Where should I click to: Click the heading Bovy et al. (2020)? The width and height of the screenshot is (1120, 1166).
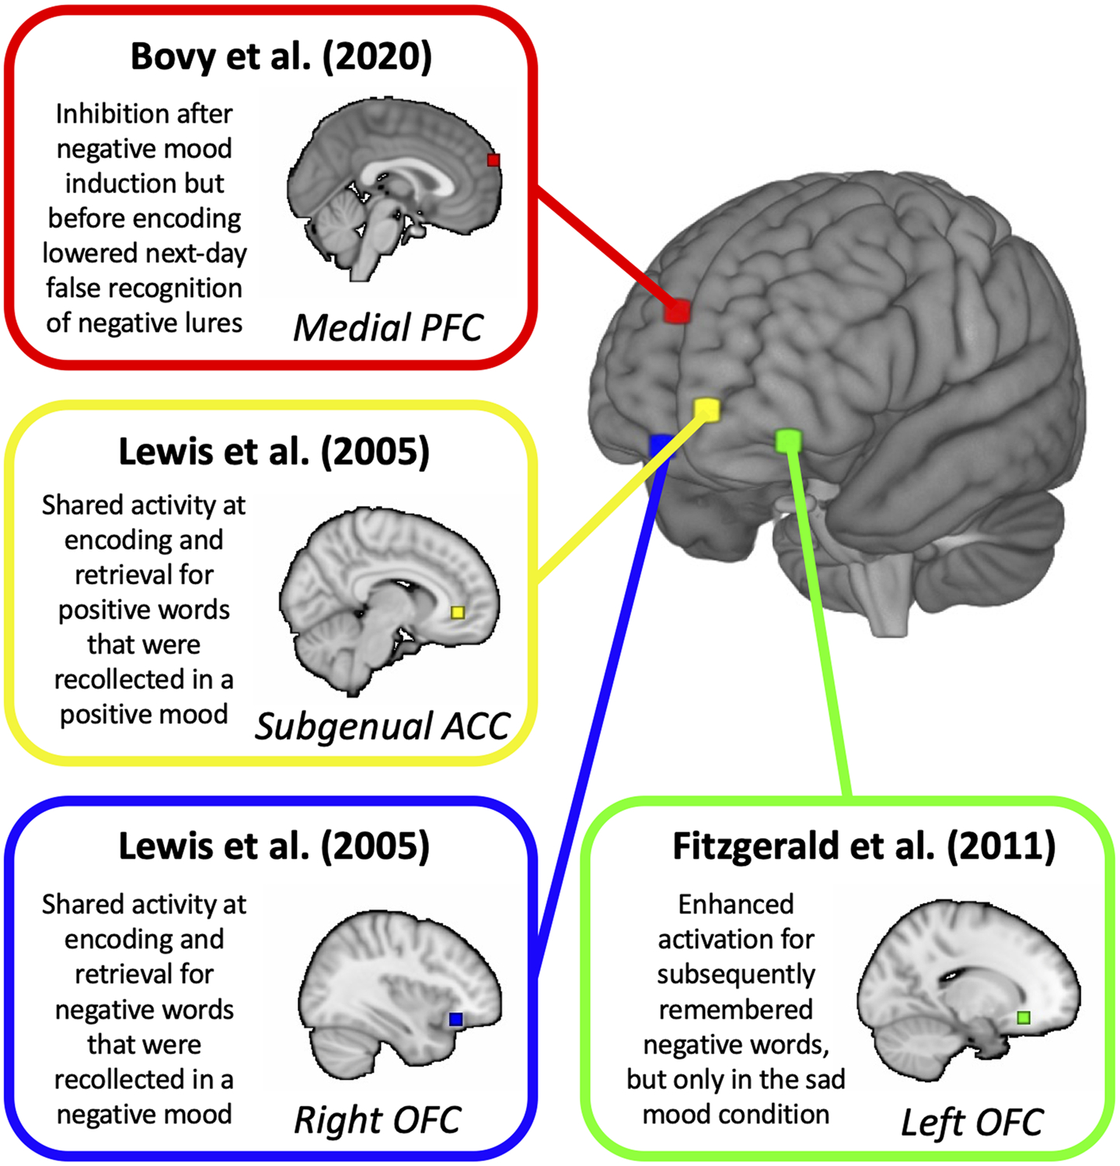click(x=281, y=57)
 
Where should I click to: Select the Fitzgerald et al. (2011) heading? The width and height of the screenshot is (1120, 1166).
click(x=864, y=847)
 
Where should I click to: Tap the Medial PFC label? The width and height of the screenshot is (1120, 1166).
click(x=388, y=327)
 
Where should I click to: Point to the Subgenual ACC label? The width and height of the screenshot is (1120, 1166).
click(x=382, y=727)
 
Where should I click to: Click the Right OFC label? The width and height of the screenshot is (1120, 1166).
click(x=377, y=1120)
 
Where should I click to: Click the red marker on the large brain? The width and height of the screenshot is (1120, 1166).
click(x=678, y=311)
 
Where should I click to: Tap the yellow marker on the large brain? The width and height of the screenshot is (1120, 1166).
click(x=707, y=409)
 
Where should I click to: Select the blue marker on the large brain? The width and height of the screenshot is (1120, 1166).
click(x=659, y=445)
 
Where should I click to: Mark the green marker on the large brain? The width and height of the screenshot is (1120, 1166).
click(x=788, y=441)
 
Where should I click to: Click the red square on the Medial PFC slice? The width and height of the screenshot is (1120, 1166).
click(x=493, y=160)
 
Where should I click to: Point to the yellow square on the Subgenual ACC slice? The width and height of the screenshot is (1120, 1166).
click(x=458, y=613)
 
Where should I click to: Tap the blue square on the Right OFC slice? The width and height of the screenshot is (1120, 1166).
click(x=456, y=1019)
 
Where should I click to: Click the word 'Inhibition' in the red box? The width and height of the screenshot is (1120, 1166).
click(x=101, y=114)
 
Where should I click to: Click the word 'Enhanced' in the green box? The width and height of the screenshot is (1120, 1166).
click(x=735, y=904)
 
